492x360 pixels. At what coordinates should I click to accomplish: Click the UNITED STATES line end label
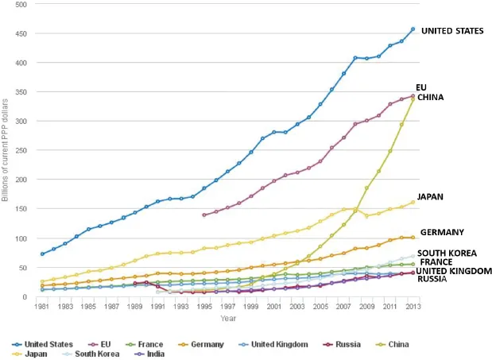(x=451, y=31)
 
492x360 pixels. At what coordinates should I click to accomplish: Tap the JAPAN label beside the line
(x=430, y=196)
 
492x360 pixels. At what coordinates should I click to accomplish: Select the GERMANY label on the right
(x=442, y=232)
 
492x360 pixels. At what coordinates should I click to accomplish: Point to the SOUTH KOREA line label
(x=447, y=253)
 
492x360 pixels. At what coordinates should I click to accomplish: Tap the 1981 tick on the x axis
(x=42, y=306)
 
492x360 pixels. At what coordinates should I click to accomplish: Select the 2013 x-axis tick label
(x=413, y=306)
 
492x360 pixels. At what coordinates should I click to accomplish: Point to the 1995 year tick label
(x=204, y=306)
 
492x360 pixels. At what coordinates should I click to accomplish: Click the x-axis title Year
(x=228, y=318)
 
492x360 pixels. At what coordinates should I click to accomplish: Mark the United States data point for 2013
(x=413, y=29)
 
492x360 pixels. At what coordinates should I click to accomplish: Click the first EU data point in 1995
(x=204, y=215)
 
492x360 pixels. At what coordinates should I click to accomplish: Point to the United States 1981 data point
(x=42, y=254)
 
